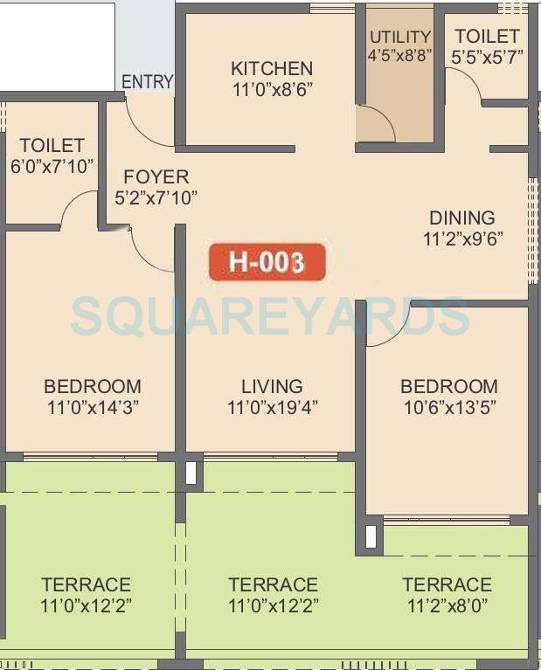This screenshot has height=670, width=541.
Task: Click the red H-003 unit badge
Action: tap(267, 262)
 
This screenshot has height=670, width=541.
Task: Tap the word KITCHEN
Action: tap(272, 68)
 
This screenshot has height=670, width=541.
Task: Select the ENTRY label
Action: tap(147, 82)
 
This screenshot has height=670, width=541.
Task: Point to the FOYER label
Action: tap(156, 177)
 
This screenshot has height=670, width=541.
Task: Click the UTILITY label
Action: tap(400, 37)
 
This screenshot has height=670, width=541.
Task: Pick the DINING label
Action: tap(461, 218)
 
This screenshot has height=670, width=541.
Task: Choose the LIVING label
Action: tap(272, 386)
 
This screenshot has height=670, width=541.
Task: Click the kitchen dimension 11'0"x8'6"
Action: tap(272, 88)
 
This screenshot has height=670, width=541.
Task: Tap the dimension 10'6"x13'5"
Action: tap(449, 406)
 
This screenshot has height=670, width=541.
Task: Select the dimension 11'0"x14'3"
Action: tap(93, 406)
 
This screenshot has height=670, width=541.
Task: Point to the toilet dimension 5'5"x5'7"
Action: tap(487, 57)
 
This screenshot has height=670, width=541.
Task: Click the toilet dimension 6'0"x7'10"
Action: tap(52, 166)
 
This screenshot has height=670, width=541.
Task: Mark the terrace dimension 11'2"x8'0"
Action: tap(447, 604)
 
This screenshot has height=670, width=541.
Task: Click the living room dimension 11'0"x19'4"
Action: tap(272, 406)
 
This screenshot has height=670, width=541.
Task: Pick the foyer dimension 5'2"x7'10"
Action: tap(156, 197)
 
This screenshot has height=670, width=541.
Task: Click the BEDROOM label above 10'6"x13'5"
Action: tap(449, 386)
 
